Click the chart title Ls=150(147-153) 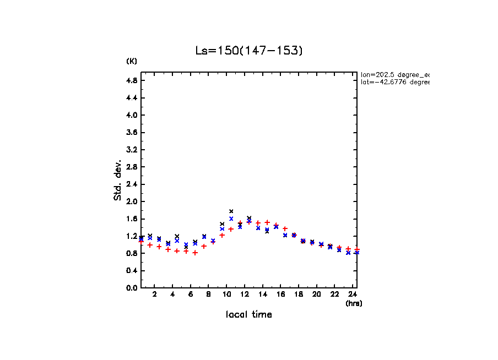249,51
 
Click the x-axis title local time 249,315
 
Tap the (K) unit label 132,61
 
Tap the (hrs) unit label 354,303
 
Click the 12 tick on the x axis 245,294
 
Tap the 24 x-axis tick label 353,294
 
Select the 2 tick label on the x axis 155,294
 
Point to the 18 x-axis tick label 299,294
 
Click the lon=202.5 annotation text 394,74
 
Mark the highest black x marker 231,211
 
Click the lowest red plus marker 195,253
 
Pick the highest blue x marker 231,219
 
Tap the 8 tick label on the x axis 209,294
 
